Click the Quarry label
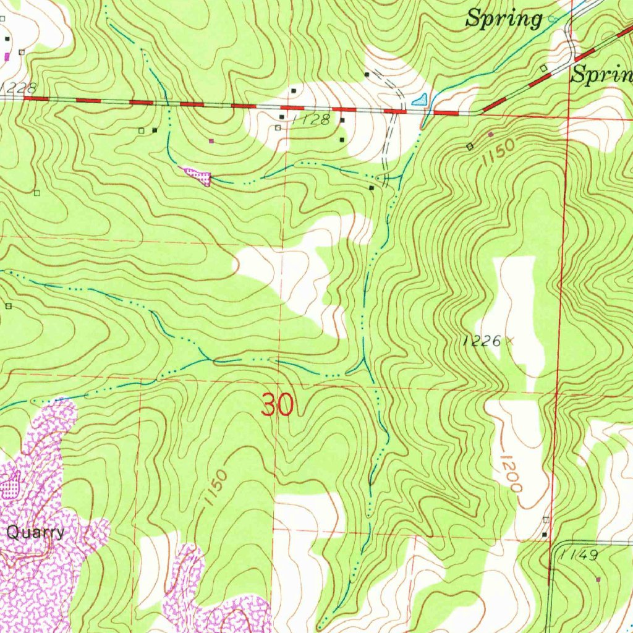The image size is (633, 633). [35, 532]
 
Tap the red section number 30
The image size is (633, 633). [278, 406]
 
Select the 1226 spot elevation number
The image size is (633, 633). [483, 341]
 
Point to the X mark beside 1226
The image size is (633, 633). [510, 339]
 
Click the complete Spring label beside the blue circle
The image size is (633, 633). [504, 19]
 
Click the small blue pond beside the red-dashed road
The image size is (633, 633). [420, 99]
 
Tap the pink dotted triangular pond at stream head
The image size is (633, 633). [198, 176]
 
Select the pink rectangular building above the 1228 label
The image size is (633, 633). [7, 56]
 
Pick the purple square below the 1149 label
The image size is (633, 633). [598, 579]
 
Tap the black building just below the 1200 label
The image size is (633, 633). [545, 533]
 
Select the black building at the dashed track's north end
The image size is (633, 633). [367, 74]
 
